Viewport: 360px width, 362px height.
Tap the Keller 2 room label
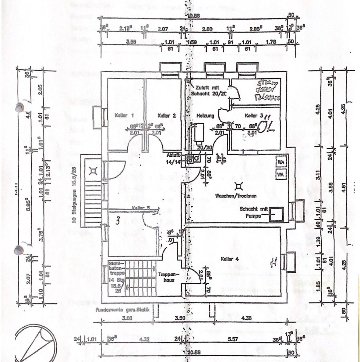coord(167,115)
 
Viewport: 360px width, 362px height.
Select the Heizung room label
coord(205,116)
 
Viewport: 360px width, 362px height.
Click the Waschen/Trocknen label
coord(236,196)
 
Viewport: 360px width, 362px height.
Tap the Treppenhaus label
coord(166,277)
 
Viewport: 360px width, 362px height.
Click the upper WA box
coord(281,162)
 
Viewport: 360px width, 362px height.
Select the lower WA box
coord(281,174)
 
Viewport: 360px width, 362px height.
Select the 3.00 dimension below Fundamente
coord(127,319)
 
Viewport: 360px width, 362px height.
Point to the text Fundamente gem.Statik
coord(123,310)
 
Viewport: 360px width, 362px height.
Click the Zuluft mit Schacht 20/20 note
coord(209,90)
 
